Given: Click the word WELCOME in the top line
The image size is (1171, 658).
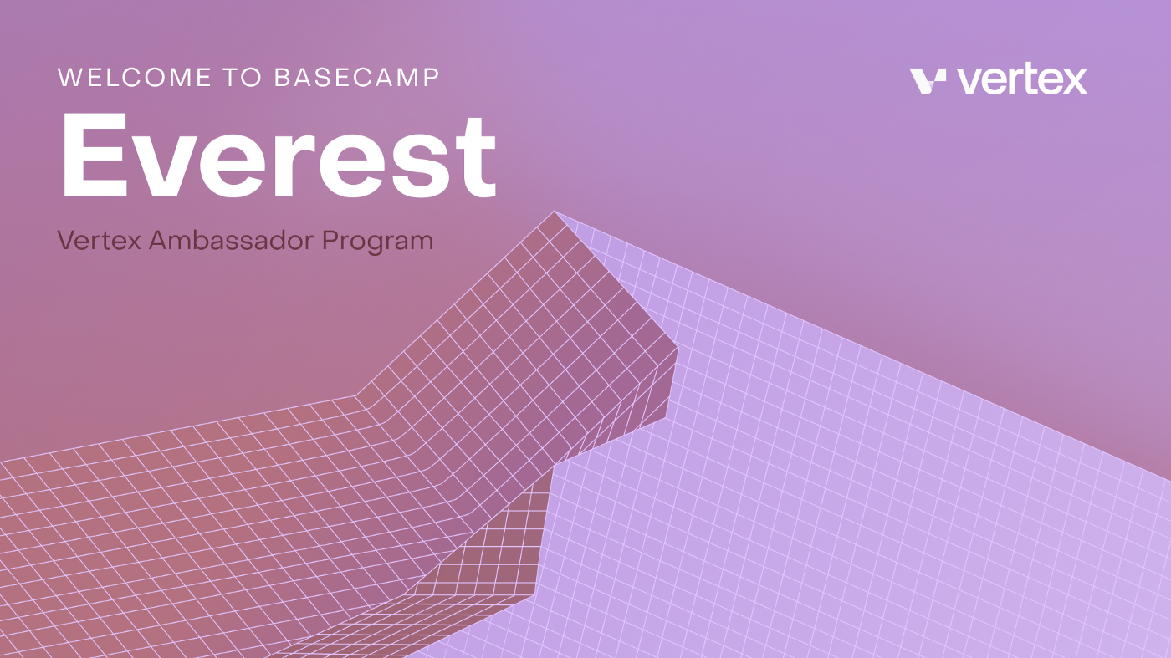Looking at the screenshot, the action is (x=135, y=78).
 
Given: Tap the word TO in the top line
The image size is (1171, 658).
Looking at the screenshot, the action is (x=243, y=78).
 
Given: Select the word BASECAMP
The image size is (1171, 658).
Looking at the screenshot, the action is (x=357, y=78).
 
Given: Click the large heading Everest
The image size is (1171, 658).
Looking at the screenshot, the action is (x=279, y=156).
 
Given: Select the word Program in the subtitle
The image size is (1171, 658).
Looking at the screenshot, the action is (x=377, y=242).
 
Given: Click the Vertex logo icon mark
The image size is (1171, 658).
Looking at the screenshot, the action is (x=928, y=81).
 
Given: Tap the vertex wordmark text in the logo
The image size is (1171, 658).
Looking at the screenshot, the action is (x=1022, y=80).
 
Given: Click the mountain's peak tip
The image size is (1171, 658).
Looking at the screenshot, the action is (x=555, y=212).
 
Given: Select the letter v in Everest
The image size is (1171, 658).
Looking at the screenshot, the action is (x=162, y=166).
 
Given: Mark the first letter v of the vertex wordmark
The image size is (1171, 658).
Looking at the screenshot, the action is (x=969, y=83).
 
